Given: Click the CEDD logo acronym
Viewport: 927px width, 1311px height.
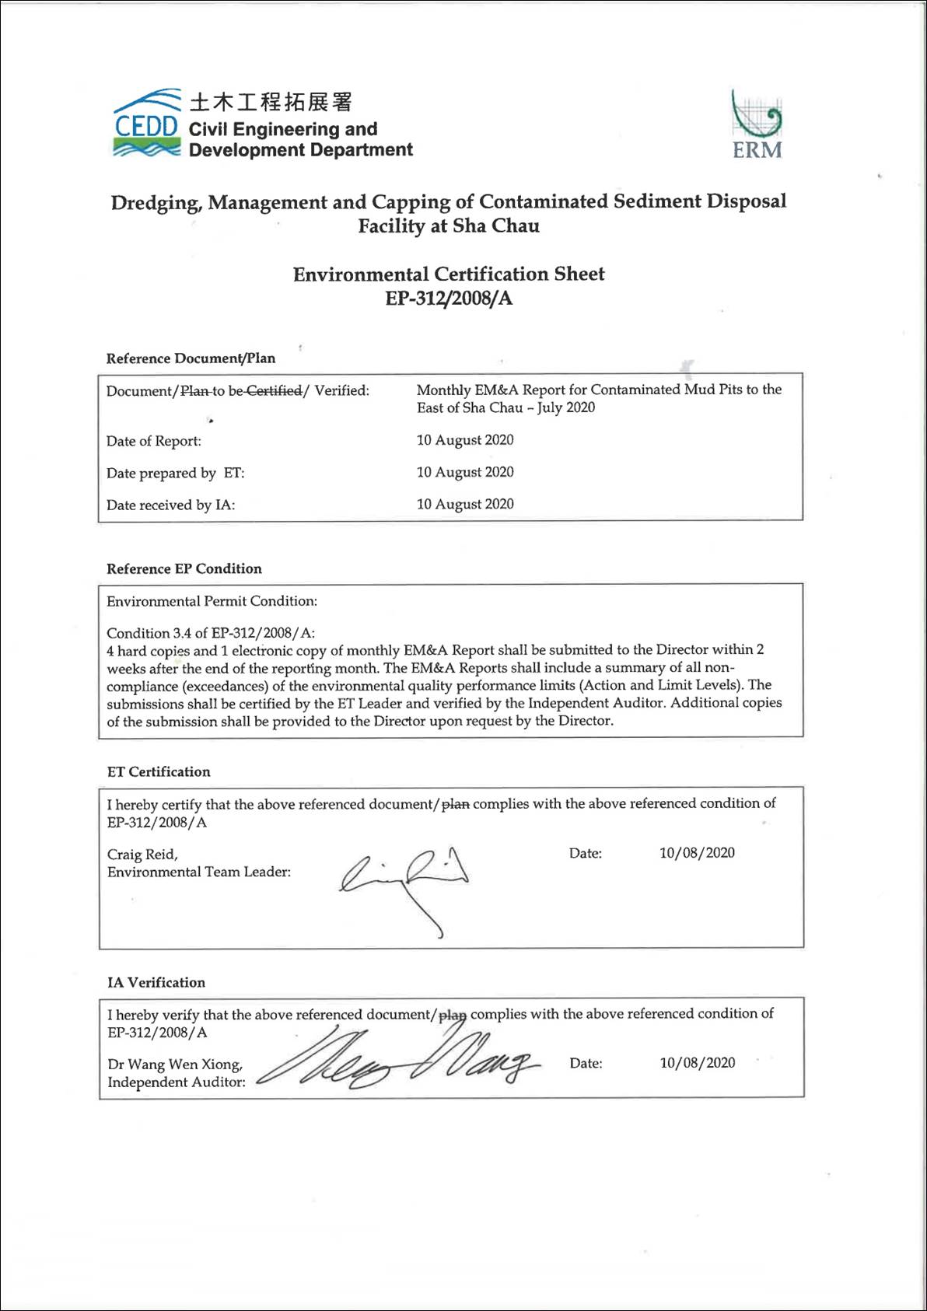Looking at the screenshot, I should tap(146, 125).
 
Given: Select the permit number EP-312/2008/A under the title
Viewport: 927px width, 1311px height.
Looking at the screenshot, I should tap(449, 299).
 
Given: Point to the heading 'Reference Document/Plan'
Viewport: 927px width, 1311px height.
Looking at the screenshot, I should tap(191, 358).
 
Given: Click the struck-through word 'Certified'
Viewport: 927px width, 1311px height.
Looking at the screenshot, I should tap(274, 390).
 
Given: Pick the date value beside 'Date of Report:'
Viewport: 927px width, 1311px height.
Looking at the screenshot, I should tap(465, 440).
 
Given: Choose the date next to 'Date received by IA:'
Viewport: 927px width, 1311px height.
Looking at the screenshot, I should tap(465, 504).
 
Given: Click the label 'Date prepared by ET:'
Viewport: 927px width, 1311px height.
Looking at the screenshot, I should tap(175, 473).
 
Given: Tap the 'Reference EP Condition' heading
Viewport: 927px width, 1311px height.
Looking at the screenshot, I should tap(184, 568).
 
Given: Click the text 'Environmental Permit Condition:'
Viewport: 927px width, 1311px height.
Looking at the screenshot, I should tap(212, 601).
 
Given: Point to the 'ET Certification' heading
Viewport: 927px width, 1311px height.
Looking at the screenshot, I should tap(159, 771).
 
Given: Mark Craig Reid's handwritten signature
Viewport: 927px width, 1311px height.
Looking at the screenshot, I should tap(404, 883).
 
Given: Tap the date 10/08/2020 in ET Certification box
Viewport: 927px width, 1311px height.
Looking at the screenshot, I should tap(697, 853).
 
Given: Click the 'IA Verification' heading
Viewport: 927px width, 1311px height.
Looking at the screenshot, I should tap(156, 982).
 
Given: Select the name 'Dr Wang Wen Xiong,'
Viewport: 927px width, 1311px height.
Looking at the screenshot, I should tap(175, 1064).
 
